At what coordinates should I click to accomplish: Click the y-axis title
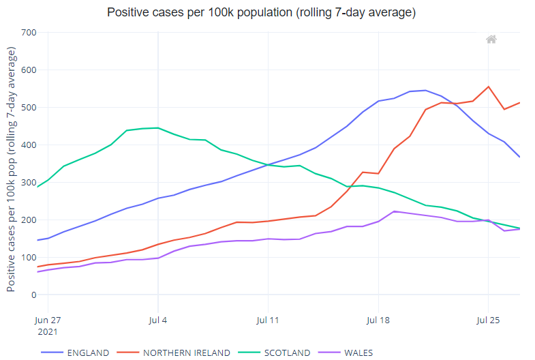click(12, 169)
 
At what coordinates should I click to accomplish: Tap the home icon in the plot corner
click(491, 40)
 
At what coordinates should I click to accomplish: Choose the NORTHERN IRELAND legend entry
click(185, 352)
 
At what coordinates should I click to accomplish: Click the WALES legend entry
click(358, 352)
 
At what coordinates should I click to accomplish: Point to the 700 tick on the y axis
click(29, 33)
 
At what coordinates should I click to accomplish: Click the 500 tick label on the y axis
click(29, 108)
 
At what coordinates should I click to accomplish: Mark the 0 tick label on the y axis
click(33, 295)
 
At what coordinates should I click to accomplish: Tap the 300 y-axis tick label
click(29, 183)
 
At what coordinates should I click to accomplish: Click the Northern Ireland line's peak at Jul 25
click(488, 87)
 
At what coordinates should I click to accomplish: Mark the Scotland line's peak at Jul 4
click(158, 127)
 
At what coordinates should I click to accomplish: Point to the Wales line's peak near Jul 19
click(395, 211)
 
